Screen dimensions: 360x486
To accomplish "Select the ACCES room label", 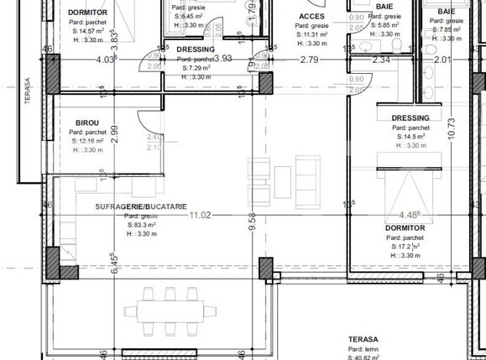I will tap(311, 16).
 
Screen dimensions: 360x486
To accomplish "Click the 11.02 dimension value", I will tap(200, 216).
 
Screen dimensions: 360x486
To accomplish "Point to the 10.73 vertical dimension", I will tap(451, 122).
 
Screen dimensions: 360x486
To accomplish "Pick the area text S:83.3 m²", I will tap(143, 225).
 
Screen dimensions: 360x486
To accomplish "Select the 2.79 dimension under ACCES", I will tap(309, 60).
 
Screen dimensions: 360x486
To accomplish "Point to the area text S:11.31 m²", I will tap(312, 34).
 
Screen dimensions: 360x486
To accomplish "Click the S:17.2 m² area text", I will tap(406, 248).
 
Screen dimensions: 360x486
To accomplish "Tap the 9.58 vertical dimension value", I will tap(252, 222).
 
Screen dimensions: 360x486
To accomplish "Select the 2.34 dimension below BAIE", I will tap(381, 60).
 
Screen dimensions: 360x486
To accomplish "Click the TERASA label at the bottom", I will tap(363, 340).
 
